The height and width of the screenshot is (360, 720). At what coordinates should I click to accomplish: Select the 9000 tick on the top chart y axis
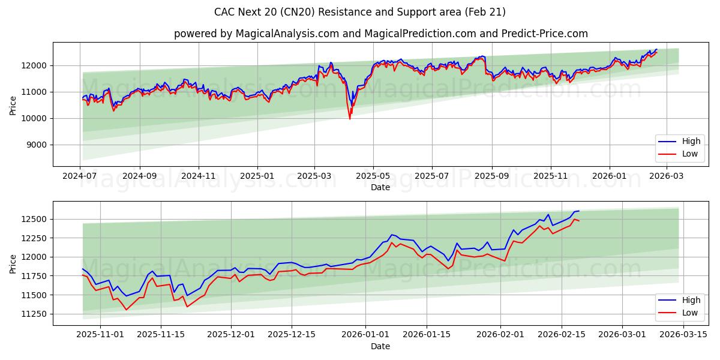tap(37, 145)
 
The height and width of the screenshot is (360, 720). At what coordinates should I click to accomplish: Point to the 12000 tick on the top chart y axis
tap(34, 65)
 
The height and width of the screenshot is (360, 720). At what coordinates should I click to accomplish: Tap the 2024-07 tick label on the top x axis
tap(80, 176)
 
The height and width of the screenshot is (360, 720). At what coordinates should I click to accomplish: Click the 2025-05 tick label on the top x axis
tap(373, 176)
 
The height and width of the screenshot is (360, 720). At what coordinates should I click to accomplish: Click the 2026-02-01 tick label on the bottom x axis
tap(504, 335)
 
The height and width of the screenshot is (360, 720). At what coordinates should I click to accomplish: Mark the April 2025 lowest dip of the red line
tap(350, 119)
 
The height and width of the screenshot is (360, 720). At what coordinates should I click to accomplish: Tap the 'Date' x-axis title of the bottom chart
tap(380, 346)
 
